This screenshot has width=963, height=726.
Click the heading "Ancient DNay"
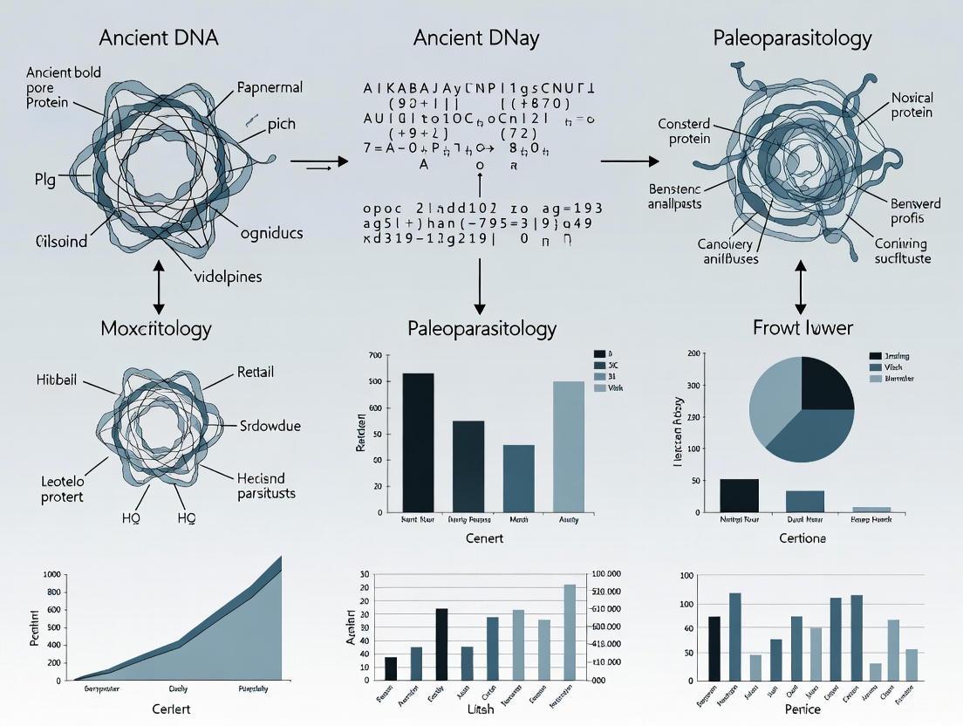(476, 38)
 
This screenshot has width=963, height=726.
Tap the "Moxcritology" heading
(156, 329)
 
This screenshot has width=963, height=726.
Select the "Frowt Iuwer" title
(802, 328)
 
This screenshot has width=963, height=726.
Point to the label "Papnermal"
(270, 87)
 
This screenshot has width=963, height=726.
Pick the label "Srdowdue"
(270, 426)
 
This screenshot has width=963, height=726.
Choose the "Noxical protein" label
(912, 105)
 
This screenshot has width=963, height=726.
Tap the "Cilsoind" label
(61, 241)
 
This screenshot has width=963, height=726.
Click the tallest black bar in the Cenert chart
(418, 442)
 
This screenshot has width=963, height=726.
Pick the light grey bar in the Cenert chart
(569, 446)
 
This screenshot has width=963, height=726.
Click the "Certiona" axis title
(802, 538)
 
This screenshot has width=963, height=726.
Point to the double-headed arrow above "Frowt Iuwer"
(801, 289)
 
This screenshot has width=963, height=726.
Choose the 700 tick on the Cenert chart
(375, 356)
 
